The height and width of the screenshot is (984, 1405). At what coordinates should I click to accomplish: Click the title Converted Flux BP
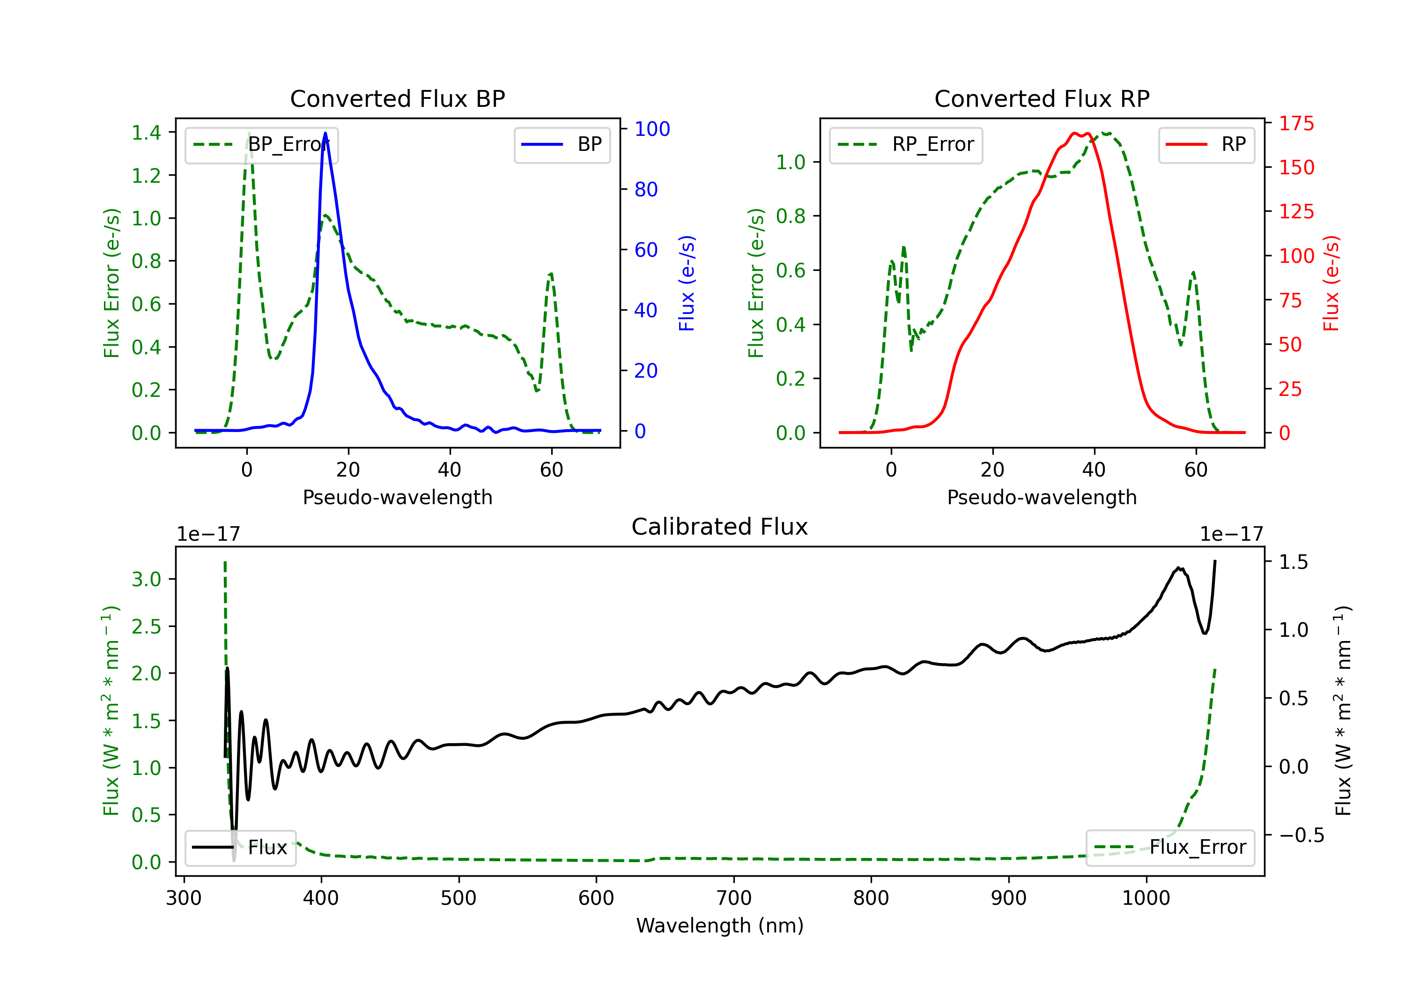(x=397, y=98)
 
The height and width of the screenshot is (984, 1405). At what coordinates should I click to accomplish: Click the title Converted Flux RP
(x=1042, y=98)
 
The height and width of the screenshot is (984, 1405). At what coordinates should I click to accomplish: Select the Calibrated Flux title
(x=720, y=527)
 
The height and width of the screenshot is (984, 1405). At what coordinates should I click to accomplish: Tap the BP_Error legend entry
(x=261, y=144)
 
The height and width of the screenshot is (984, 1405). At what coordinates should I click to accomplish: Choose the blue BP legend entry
(x=562, y=144)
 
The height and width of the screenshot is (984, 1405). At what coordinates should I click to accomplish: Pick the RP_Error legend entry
(x=906, y=144)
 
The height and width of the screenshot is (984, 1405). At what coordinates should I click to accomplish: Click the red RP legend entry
(x=1206, y=144)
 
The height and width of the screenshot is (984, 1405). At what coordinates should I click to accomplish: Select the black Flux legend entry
(x=240, y=848)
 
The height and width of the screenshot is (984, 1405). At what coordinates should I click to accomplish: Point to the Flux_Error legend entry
(x=1170, y=848)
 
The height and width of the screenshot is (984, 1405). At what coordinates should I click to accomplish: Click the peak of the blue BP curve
(x=325, y=133)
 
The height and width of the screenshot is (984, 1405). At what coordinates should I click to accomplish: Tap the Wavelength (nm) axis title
(x=720, y=926)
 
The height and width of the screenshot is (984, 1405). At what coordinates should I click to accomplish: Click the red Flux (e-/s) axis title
(x=1331, y=283)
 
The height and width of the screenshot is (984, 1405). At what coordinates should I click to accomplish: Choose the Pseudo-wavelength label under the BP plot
(x=397, y=497)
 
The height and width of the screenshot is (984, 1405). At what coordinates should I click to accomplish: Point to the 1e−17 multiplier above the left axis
(x=208, y=535)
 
